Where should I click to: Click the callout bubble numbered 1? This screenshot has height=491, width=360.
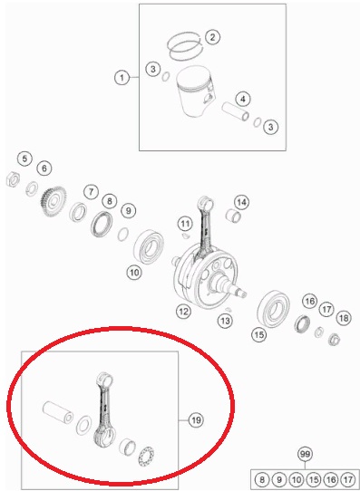(122, 77)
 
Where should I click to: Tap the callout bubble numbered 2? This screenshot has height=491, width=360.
(212, 37)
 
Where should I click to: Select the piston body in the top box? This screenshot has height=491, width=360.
(195, 91)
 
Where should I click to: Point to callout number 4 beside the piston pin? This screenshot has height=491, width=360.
(243, 100)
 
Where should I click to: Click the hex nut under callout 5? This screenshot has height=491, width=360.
(14, 178)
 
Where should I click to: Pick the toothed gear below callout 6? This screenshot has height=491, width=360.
(54, 202)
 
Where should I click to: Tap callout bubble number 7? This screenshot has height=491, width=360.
(91, 191)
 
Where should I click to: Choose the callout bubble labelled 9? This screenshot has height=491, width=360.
(129, 210)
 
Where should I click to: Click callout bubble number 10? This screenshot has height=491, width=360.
(134, 273)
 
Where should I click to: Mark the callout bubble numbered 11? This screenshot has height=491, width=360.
(185, 224)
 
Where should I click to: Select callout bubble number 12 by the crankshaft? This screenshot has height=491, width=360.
(183, 311)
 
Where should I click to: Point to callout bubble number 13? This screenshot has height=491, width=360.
(225, 320)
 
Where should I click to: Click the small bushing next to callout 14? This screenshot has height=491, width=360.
(233, 215)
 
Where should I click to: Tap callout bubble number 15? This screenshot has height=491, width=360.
(259, 335)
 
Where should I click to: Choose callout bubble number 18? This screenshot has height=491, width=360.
(344, 318)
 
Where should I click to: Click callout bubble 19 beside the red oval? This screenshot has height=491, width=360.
(196, 419)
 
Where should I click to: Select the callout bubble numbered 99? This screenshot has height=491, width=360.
(305, 454)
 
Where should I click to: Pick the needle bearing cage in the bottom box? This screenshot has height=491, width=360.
(146, 457)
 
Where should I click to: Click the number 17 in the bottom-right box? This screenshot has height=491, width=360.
(348, 479)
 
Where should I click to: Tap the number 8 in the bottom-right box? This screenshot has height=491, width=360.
(262, 479)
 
